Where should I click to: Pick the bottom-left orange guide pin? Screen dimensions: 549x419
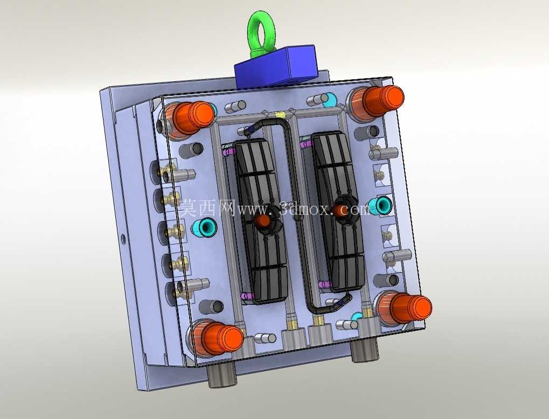tap(221, 338)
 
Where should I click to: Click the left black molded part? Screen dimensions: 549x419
tap(261, 220)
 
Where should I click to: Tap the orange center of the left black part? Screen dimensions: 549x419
tap(262, 221)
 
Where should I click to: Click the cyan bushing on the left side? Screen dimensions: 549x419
tap(205, 227)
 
